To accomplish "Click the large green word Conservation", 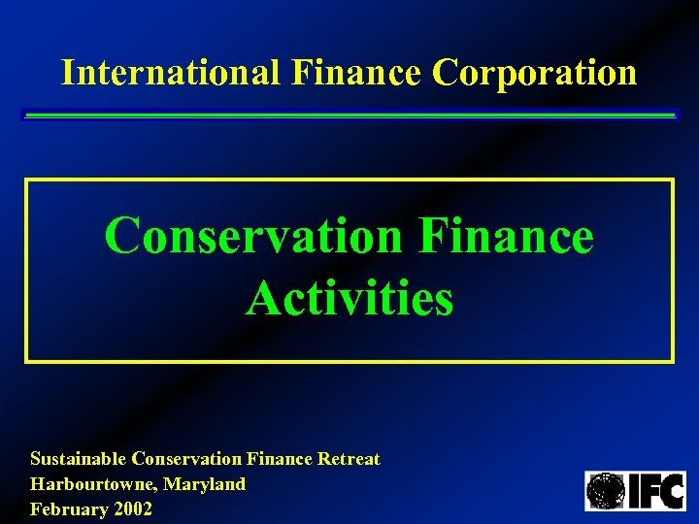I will (x=253, y=236).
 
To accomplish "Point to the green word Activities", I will (x=349, y=298).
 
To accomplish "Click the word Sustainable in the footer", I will (x=79, y=459).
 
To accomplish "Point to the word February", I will (x=65, y=508).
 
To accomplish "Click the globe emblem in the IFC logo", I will (x=605, y=491).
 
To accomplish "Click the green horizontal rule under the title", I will (x=349, y=115).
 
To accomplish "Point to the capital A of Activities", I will (x=262, y=298).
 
